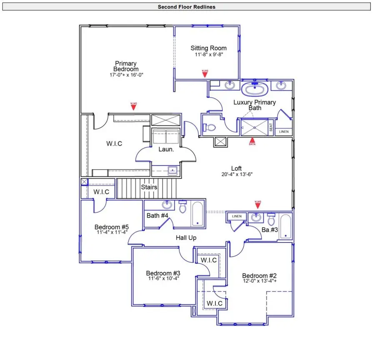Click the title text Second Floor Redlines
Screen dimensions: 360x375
(186, 7)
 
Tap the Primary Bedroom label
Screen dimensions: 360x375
(126, 66)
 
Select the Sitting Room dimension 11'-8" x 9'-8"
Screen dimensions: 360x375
(209, 55)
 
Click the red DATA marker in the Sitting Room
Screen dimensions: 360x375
(205, 73)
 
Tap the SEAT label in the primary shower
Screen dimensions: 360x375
(271, 127)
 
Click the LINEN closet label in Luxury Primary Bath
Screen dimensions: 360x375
(283, 132)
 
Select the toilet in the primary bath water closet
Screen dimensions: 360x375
(210, 127)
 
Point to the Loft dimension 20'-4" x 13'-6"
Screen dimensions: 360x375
(237, 175)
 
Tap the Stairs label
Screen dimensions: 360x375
(149, 187)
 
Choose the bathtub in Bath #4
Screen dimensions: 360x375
(197, 214)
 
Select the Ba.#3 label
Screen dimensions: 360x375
(270, 230)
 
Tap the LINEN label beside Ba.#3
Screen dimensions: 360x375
(237, 216)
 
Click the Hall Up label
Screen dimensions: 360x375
(186, 237)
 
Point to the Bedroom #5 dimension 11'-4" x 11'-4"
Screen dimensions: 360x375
(112, 232)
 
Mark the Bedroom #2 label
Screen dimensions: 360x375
(260, 276)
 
